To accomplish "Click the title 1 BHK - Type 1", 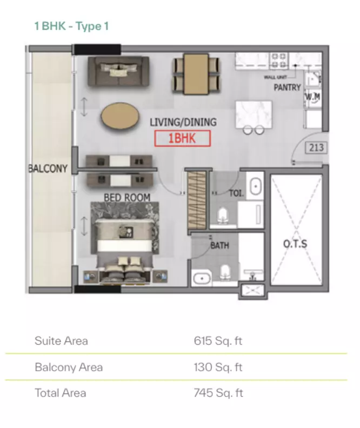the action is (71, 26).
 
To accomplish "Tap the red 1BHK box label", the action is (182, 138).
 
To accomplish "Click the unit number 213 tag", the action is (316, 148).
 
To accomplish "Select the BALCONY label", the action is (48, 169).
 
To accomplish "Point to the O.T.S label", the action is (295, 244).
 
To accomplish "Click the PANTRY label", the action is (287, 88).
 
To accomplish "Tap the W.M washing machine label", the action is (312, 96).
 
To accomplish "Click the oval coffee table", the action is (120, 116).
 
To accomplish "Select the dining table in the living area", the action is (196, 74).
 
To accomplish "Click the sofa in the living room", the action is (118, 71).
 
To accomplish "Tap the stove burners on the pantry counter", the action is (279, 61).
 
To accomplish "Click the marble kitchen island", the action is (254, 115).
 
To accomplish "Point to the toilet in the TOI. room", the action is (223, 216).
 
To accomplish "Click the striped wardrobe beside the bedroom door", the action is (197, 200).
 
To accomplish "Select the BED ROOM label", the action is (127, 197).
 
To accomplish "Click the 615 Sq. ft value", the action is (218, 341).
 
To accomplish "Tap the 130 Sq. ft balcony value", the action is (218, 367).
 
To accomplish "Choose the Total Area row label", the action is (61, 393).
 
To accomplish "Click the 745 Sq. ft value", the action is (218, 393).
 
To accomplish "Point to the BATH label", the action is (219, 245).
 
